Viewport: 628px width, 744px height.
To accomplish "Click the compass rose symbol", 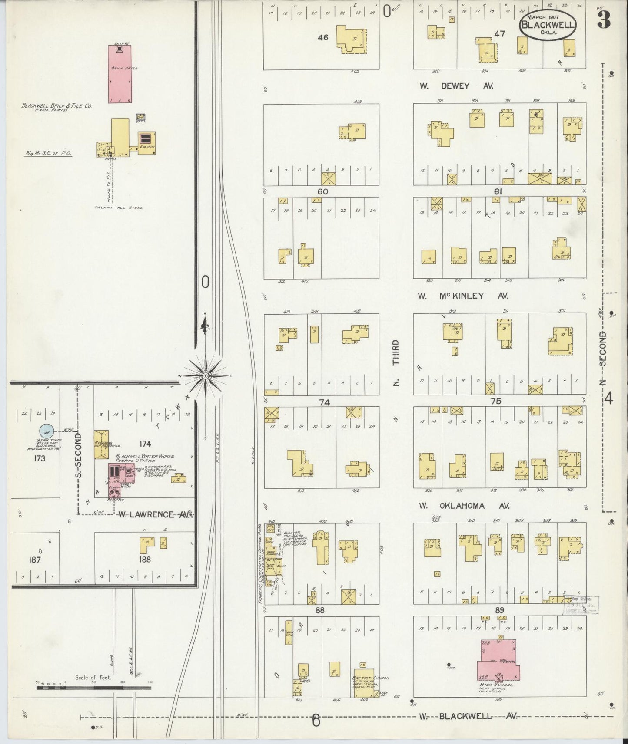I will pyautogui.click(x=205, y=375).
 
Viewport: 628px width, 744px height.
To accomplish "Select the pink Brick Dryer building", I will pyautogui.click(x=120, y=74).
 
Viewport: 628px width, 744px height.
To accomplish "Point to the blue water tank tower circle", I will pyautogui.click(x=46, y=431).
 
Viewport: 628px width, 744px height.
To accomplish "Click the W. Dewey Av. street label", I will pyautogui.click(x=456, y=86).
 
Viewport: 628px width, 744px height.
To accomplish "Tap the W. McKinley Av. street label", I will pyautogui.click(x=463, y=296).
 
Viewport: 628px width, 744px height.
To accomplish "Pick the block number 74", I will pyautogui.click(x=324, y=402).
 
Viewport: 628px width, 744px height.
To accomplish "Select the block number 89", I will pyautogui.click(x=499, y=610).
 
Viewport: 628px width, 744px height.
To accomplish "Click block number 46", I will pyautogui.click(x=323, y=37).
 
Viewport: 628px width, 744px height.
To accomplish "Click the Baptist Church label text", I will pyautogui.click(x=371, y=678).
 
